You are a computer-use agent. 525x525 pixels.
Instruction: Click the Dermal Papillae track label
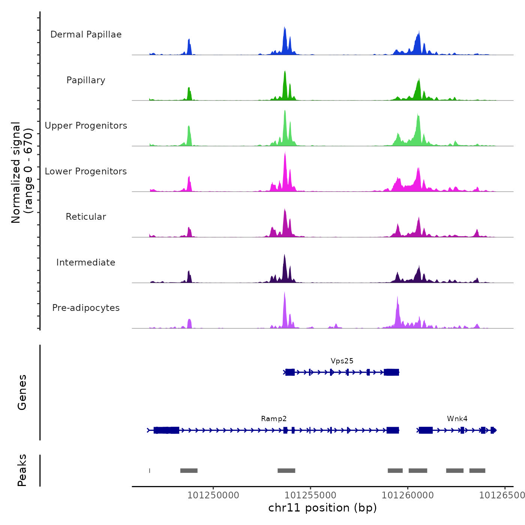(x=86, y=34)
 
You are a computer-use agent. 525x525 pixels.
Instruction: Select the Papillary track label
(x=86, y=80)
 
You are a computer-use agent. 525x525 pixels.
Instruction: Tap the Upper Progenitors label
(x=86, y=126)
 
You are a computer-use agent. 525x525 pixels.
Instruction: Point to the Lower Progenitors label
(x=86, y=171)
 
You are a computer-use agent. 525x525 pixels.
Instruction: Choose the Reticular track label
(x=86, y=217)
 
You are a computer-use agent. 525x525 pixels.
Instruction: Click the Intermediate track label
(x=86, y=262)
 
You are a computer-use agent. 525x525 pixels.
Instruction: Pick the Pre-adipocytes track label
(x=86, y=308)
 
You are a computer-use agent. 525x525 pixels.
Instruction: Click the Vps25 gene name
(x=342, y=361)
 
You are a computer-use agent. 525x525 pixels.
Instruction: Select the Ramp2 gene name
(x=274, y=418)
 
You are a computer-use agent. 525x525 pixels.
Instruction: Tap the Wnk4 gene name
(x=457, y=418)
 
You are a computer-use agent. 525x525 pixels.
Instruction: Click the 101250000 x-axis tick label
(x=213, y=495)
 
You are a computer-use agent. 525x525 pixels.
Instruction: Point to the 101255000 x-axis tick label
(x=310, y=495)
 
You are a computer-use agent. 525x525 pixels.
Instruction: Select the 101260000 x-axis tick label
(x=408, y=495)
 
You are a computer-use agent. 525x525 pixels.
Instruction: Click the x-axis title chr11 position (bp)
(x=322, y=508)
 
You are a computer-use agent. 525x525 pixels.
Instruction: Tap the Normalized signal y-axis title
(x=22, y=172)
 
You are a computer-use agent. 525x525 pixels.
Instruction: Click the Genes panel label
(x=22, y=392)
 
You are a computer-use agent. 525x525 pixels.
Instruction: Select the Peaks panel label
(x=22, y=470)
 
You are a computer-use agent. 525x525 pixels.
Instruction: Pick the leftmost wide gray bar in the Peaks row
(x=189, y=471)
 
